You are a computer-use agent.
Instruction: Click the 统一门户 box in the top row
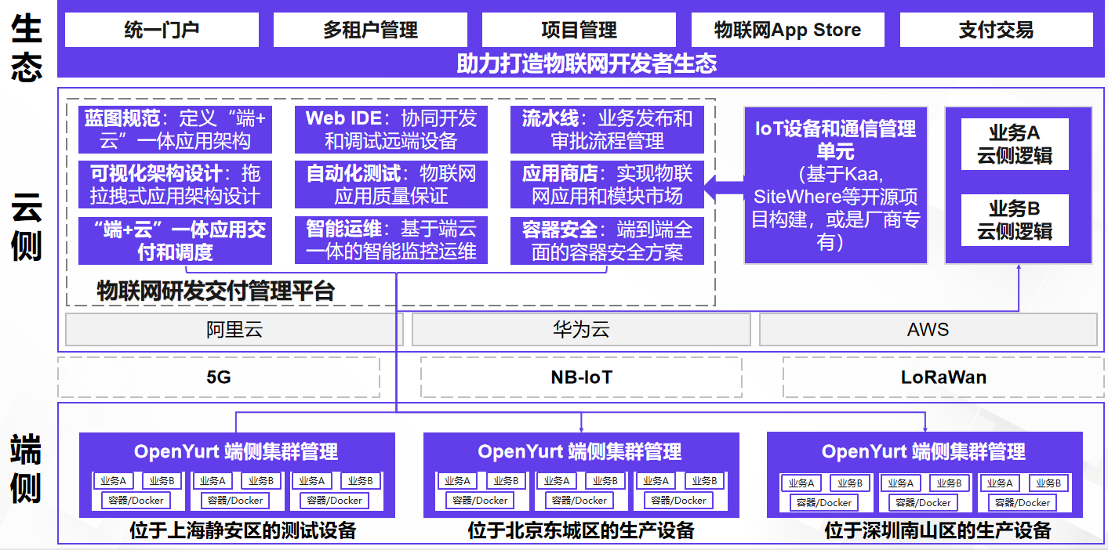(162, 30)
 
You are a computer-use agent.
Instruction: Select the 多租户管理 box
(370, 30)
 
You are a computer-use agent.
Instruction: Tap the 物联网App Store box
(787, 30)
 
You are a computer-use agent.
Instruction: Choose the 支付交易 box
(996, 30)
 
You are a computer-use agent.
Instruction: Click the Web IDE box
(391, 130)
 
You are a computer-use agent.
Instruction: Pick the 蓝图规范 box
(175, 130)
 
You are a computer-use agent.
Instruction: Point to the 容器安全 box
(607, 241)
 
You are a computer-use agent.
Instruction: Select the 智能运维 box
(391, 241)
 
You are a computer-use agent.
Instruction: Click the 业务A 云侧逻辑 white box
(1015, 144)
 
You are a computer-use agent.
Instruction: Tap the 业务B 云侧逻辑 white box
(1015, 220)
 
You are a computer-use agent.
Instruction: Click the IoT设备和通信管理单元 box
(835, 185)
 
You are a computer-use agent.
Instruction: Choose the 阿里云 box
(234, 330)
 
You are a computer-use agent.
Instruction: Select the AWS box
(928, 330)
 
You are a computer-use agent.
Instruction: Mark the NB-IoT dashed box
(581, 378)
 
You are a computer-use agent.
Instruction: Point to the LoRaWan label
(943, 378)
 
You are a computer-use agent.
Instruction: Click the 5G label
(219, 378)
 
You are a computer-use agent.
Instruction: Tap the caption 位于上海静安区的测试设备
(243, 531)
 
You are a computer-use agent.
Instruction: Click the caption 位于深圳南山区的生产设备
(938, 531)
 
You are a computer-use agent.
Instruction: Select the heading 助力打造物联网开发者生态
(587, 63)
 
